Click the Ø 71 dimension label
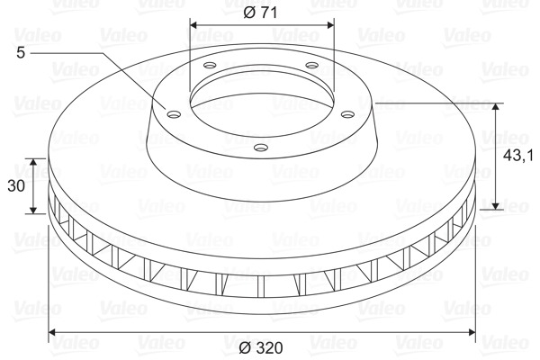click(x=260, y=13)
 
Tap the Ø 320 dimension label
click(x=261, y=348)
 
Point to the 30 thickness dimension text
click(x=16, y=186)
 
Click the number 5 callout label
click(x=21, y=53)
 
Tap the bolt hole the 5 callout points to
click(x=174, y=113)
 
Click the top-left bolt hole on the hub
click(x=210, y=65)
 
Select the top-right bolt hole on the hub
click(x=312, y=65)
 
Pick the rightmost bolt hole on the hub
click(x=347, y=113)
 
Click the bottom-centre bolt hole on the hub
click(x=261, y=148)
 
